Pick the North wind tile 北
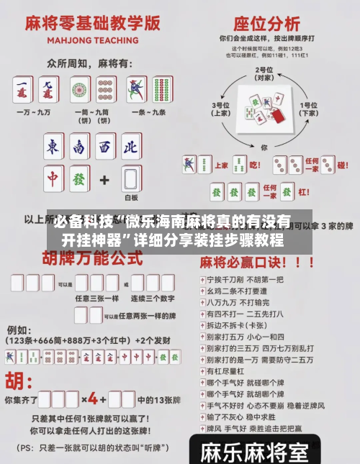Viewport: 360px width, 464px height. pyautogui.click(x=130, y=147)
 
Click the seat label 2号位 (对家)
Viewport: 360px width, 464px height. pyautogui.click(x=264, y=74)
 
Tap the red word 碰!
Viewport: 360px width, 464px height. pyautogui.click(x=343, y=165)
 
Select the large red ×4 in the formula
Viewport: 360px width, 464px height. pyautogui.click(x=94, y=398)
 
